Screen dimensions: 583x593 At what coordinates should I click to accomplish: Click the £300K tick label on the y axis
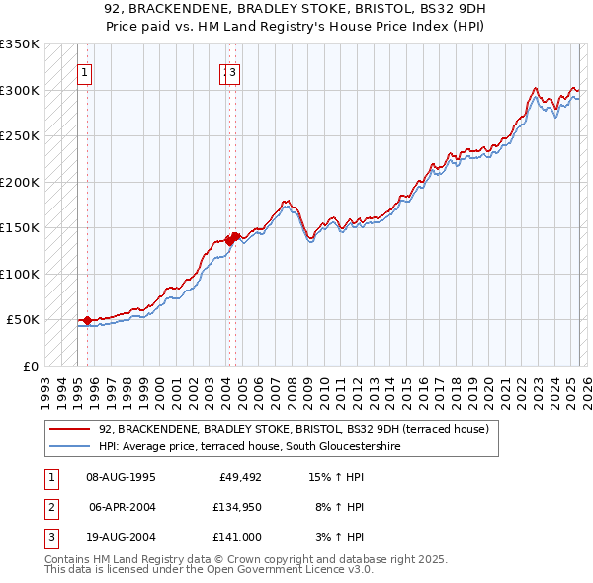(19, 90)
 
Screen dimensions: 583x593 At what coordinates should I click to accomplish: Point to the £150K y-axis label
(19, 228)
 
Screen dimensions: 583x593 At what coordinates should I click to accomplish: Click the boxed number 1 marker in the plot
(85, 72)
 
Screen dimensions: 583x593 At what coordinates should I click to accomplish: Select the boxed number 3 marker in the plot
(232, 72)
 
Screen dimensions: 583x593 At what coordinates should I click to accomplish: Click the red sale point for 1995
(87, 320)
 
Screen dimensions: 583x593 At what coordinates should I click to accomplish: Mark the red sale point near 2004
(229, 239)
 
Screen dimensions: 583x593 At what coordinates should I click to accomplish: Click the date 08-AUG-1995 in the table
(122, 478)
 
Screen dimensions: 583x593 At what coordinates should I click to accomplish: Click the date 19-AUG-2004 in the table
(122, 538)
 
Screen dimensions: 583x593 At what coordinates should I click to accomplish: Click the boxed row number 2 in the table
(48, 508)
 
